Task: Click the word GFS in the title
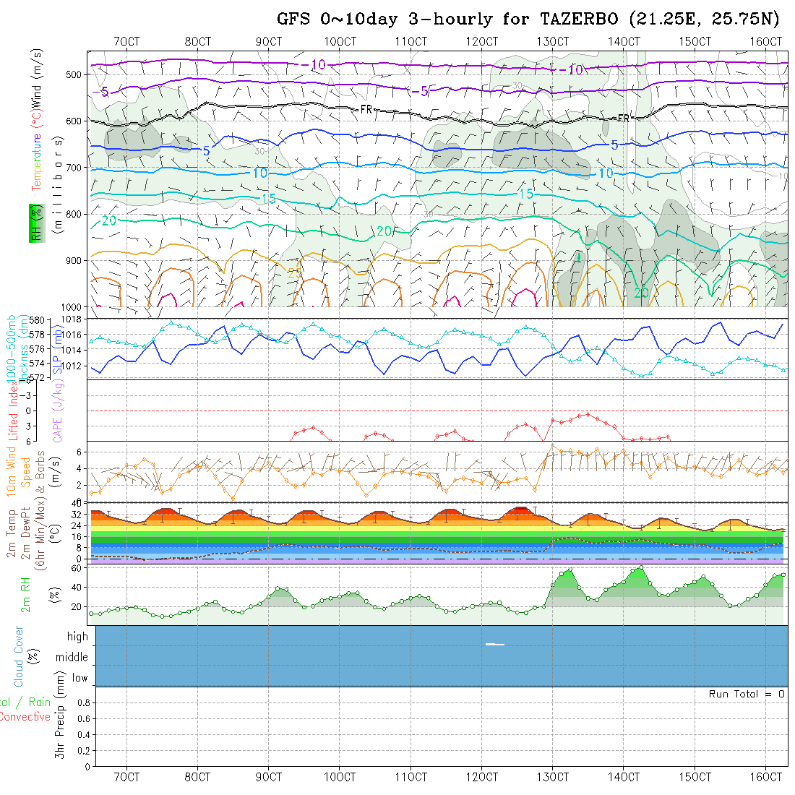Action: point(294,20)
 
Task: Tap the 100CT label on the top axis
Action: point(340,41)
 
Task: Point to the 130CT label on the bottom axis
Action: point(553,777)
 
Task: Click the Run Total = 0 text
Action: point(747,694)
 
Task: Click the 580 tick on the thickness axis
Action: point(38,319)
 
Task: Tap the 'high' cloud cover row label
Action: point(77,637)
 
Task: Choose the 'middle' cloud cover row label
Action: point(72,658)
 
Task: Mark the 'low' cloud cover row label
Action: point(79,678)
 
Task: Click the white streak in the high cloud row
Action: point(495,644)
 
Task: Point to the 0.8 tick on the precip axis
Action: point(82,702)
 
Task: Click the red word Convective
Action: point(25,717)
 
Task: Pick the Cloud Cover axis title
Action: point(18,656)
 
